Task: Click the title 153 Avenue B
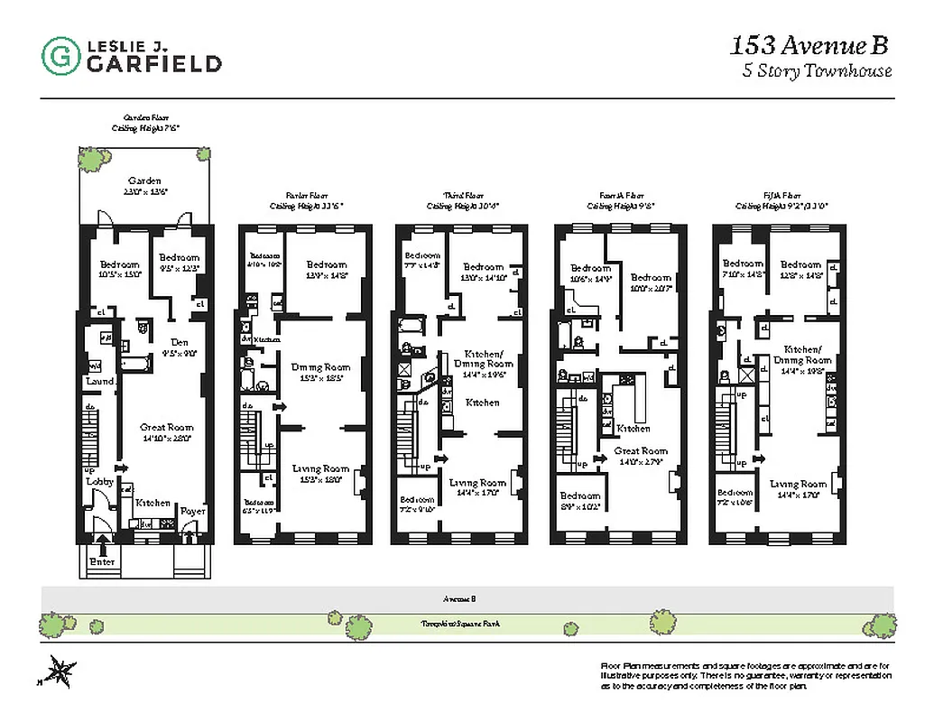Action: (810, 44)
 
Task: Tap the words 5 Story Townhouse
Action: (817, 71)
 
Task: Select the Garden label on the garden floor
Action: (144, 181)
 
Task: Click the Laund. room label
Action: (99, 382)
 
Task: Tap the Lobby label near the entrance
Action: (99, 481)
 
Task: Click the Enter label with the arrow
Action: (102, 561)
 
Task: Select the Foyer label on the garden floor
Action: (193, 511)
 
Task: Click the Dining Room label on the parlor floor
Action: (319, 367)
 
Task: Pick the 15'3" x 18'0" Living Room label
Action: (320, 474)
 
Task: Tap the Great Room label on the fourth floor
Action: (640, 451)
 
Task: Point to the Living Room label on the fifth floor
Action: (798, 485)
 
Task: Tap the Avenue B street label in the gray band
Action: (459, 597)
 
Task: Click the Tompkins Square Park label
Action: (461, 623)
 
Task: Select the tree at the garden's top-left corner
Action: (90, 161)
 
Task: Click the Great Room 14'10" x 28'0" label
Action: (166, 432)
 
